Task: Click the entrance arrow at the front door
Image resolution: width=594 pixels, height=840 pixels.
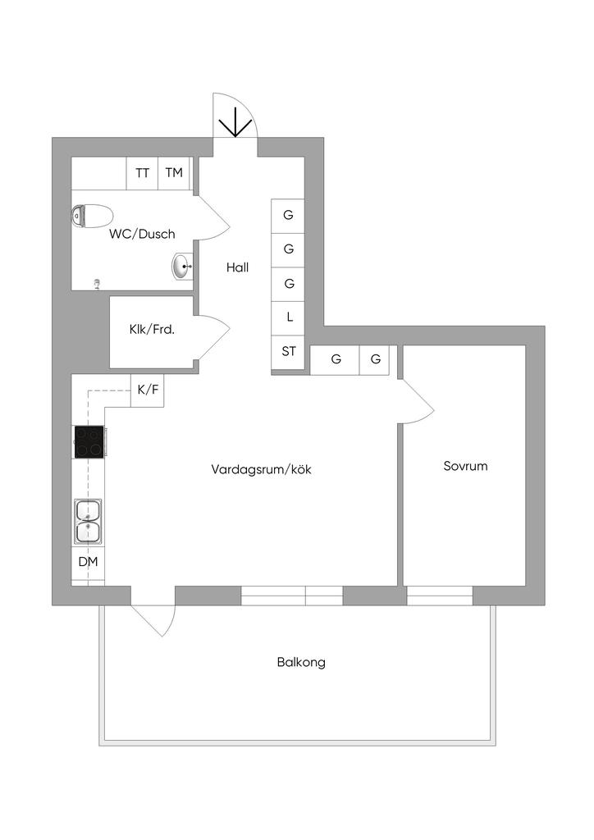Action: (x=236, y=122)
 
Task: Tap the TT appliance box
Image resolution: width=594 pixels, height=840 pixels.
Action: (x=142, y=173)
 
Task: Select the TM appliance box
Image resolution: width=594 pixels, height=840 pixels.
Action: (x=173, y=173)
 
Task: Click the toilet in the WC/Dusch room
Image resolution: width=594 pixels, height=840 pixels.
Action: (x=91, y=217)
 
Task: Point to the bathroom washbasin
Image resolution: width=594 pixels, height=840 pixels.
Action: (x=183, y=266)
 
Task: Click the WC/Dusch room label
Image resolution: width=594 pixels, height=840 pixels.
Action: (x=142, y=234)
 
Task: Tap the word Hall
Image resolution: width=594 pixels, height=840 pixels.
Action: (x=238, y=267)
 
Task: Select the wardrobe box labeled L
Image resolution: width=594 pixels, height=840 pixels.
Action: (x=288, y=317)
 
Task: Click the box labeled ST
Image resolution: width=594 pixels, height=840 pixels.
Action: (x=288, y=352)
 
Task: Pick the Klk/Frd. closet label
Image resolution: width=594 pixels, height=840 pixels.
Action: (x=152, y=330)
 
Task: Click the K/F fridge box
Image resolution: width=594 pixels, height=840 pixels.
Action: (x=148, y=390)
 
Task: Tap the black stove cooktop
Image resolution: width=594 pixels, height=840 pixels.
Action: (x=89, y=442)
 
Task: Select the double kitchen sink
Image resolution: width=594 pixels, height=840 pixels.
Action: (x=88, y=521)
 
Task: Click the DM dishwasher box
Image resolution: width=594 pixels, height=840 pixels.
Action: (x=88, y=563)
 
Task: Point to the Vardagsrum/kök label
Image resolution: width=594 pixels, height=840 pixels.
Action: (x=262, y=470)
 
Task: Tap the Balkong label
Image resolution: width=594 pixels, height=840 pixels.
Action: (x=301, y=662)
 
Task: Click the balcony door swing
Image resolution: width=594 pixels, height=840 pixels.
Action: (x=156, y=619)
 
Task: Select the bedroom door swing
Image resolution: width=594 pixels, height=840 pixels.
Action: (x=417, y=402)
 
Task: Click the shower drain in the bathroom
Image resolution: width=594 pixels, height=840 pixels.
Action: (x=98, y=283)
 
